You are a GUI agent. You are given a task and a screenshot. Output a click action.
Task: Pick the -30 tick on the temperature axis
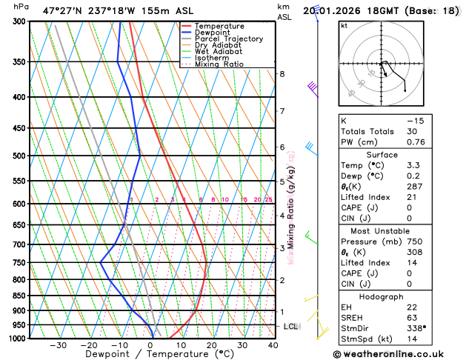(58, 345)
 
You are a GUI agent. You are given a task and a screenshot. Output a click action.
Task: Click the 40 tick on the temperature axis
(273, 345)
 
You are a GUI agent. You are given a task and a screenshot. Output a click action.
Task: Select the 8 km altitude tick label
(282, 74)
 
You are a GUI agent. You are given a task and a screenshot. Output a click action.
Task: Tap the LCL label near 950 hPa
(291, 326)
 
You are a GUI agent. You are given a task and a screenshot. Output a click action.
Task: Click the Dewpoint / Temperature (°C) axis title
(148, 354)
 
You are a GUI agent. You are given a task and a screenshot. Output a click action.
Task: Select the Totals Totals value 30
(412, 131)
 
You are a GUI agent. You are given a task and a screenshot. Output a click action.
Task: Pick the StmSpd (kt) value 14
(412, 339)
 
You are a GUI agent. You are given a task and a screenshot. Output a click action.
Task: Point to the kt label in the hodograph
(344, 25)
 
